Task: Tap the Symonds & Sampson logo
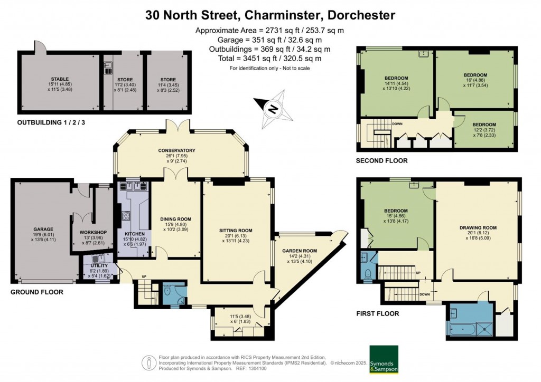[x=384, y=359]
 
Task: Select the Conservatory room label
[x=176, y=150]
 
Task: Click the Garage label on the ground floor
[x=43, y=230]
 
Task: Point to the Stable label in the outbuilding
[x=60, y=79]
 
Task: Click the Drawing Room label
[x=478, y=228]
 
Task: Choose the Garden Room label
[x=300, y=251]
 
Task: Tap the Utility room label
[x=99, y=266]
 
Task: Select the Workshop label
[x=93, y=233]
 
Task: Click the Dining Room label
[x=175, y=219]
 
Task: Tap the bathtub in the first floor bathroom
[x=463, y=329]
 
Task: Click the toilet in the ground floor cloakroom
[x=167, y=291]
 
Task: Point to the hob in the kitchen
[x=126, y=216]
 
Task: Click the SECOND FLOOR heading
[x=381, y=161]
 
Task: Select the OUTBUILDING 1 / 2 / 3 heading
[x=51, y=122]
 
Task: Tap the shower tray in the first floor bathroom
[x=485, y=329]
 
